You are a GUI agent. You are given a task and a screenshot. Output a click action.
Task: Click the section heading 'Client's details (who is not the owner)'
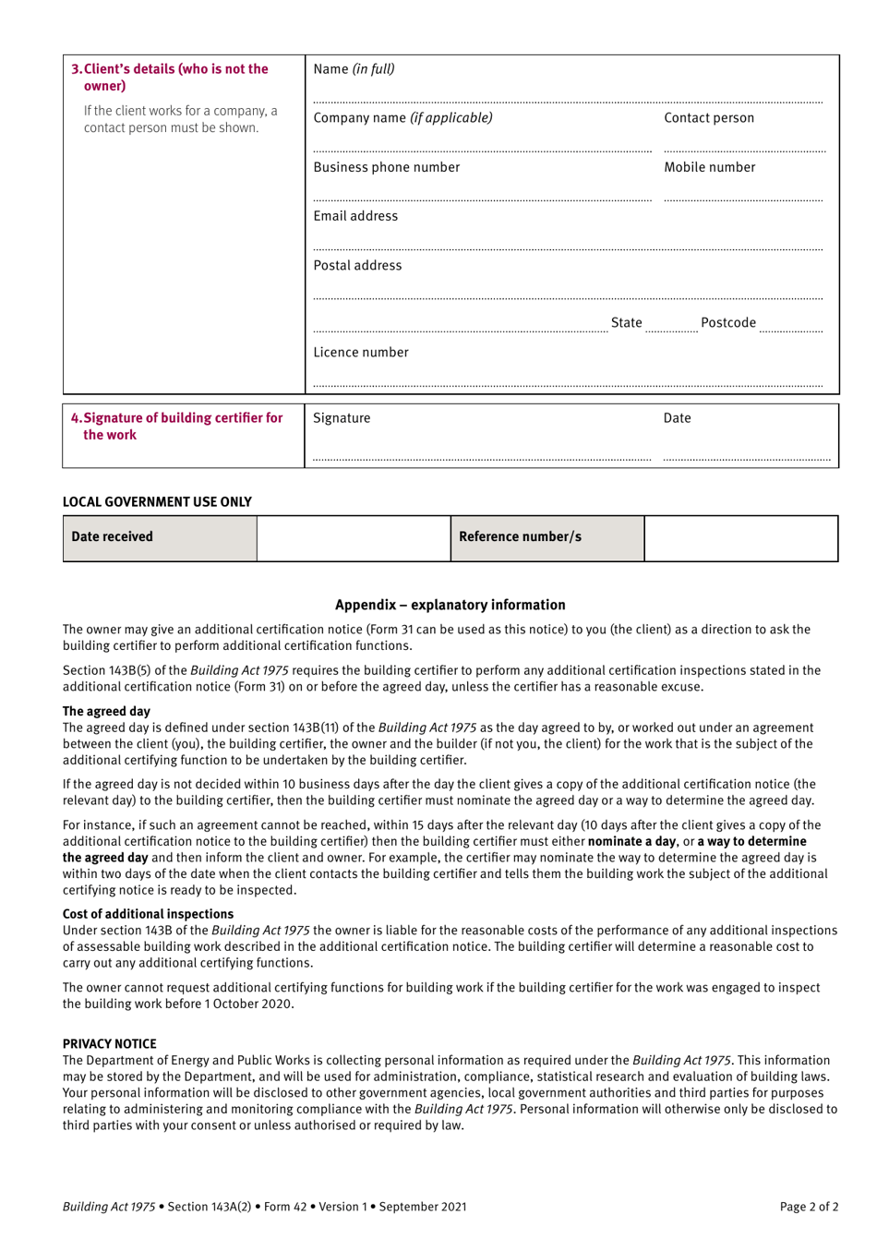pos(170,78)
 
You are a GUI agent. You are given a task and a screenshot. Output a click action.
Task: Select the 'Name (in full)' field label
pos(354,69)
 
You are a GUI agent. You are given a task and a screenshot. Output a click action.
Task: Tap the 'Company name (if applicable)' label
pos(402,118)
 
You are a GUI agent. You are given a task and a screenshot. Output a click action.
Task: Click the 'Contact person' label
pos(708,118)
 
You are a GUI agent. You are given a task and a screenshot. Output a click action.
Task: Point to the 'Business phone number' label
pos(386,168)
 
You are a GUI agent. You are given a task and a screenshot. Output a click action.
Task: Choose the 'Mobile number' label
pos(709,168)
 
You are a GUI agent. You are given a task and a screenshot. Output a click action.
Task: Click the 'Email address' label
pos(355,216)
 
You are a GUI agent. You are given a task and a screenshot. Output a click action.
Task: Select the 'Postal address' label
pos(357,266)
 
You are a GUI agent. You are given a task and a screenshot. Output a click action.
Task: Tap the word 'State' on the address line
pos(626,323)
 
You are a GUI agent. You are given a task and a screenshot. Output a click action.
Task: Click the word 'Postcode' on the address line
pos(727,323)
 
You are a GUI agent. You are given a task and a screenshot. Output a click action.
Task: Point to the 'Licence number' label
pos(360,353)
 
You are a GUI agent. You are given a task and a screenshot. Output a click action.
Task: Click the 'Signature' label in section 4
pos(342,418)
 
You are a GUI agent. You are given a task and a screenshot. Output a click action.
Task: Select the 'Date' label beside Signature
pos(677,418)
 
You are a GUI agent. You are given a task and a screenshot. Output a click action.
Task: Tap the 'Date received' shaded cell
pos(160,537)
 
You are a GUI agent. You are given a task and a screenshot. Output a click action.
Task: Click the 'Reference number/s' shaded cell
pos(547,537)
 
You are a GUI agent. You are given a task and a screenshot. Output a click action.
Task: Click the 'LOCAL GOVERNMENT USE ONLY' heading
pos(157,502)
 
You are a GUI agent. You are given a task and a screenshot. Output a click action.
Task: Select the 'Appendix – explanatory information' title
pos(450,605)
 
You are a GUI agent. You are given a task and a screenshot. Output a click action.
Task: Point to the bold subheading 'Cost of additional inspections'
pos(148,914)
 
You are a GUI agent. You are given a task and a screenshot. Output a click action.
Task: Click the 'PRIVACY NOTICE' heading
pos(109,1044)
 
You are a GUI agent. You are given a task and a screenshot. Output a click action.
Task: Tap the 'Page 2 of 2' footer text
pos(809,1207)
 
